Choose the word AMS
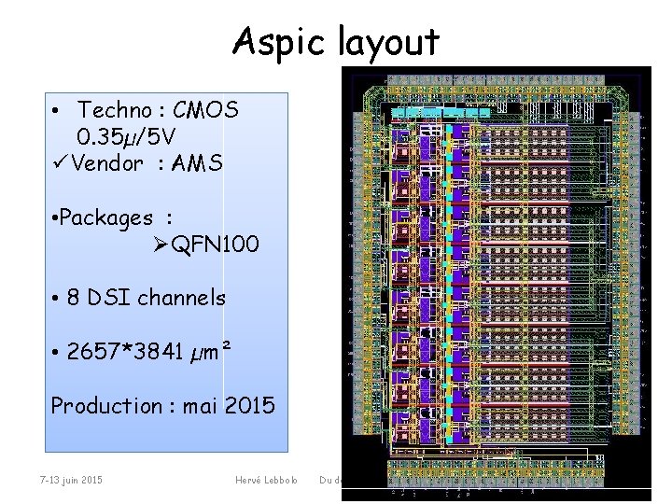tap(203, 163)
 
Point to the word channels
tap(181, 299)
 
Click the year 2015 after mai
tap(249, 406)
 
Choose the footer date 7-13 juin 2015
tap(72, 480)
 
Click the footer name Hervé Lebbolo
tap(267, 480)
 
